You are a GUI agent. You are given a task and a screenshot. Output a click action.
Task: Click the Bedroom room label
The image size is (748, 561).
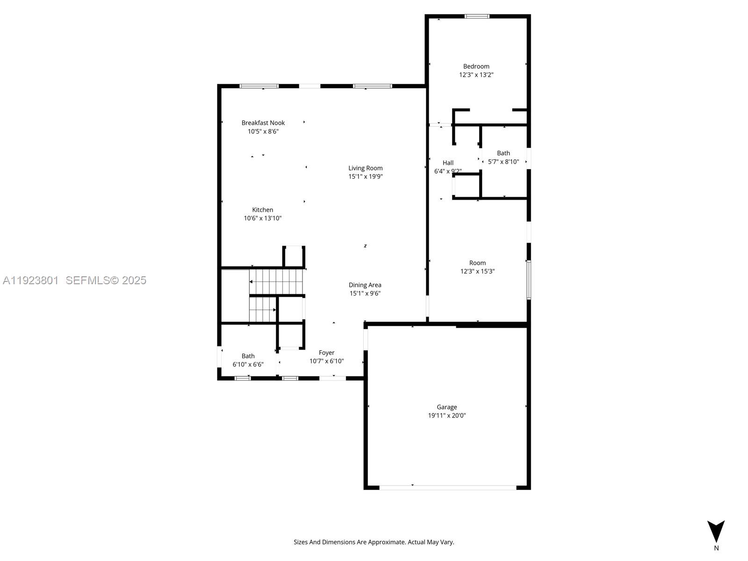point(476,66)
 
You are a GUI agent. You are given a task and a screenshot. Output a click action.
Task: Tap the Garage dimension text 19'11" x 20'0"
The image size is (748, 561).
point(447,415)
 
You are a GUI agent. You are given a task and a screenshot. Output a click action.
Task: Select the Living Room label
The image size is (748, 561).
point(365,168)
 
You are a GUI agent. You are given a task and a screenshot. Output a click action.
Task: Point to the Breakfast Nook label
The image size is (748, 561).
point(263,122)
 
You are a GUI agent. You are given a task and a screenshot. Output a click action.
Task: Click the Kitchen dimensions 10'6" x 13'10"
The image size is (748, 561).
point(262,218)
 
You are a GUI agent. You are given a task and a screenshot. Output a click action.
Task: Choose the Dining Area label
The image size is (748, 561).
point(365,285)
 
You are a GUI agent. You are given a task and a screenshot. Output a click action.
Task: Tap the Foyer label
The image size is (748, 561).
point(326,352)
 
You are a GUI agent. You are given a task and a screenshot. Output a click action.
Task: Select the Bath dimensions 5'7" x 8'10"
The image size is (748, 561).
point(503,161)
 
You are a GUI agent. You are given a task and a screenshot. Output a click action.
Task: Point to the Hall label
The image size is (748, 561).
point(448,163)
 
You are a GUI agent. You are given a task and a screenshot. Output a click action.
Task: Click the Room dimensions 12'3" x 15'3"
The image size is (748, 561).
point(477,271)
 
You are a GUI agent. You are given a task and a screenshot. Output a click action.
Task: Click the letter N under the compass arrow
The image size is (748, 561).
point(716,548)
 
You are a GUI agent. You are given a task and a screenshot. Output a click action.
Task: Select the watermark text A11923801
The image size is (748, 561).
point(31,280)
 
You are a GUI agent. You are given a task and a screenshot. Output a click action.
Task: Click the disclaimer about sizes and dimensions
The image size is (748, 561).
point(374,542)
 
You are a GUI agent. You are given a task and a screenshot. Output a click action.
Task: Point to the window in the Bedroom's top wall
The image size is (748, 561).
point(477,16)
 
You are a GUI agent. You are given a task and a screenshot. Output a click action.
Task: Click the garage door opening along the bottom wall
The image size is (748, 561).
point(448,488)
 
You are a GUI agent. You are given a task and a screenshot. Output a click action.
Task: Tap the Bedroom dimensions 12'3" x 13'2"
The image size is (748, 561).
point(476,75)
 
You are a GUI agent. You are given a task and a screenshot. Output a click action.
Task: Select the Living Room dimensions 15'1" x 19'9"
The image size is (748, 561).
point(365,176)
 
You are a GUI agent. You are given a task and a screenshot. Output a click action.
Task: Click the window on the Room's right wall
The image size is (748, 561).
point(529,280)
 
